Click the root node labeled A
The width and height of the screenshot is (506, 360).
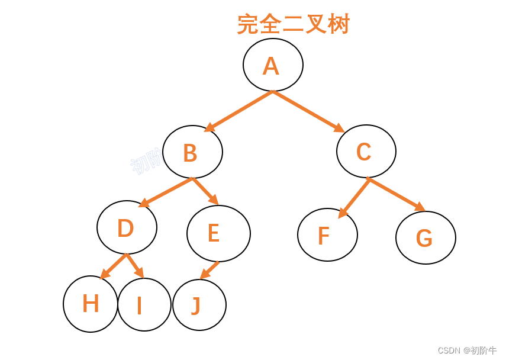(x=273, y=65)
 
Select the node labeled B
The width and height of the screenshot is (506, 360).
(x=192, y=152)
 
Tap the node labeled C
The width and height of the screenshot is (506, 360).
(x=366, y=152)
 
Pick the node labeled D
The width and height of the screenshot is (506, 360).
(x=127, y=227)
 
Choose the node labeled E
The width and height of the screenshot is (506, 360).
(x=218, y=233)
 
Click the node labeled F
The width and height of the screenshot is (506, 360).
(x=327, y=235)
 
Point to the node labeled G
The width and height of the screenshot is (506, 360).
(x=426, y=237)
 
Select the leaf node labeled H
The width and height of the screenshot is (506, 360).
(x=91, y=304)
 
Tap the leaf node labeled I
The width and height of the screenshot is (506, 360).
(x=144, y=305)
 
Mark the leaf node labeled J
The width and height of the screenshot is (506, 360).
(x=199, y=305)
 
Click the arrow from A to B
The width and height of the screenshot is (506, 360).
(x=239, y=111)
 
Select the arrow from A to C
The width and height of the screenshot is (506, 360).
(x=308, y=111)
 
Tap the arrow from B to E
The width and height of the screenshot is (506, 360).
(x=205, y=191)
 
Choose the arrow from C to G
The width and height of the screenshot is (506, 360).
(x=397, y=194)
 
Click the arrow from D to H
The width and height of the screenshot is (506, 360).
(x=113, y=266)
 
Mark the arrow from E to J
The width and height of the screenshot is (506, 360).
(x=210, y=270)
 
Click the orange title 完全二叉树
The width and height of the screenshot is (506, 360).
(x=294, y=24)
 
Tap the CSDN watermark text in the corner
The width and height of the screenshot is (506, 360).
(x=467, y=351)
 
